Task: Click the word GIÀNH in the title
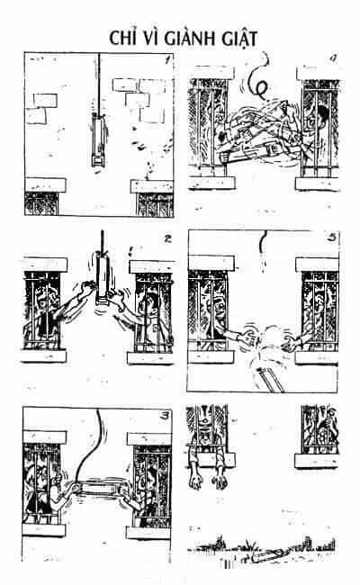coord(191,39)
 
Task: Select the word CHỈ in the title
coord(123,37)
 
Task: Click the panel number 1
coord(167,59)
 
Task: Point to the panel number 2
coord(167,238)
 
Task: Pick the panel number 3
coord(164,416)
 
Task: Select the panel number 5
coord(331,237)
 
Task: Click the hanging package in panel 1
coord(99,140)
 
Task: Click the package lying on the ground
coord(265,557)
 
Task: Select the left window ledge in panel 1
coord(45,185)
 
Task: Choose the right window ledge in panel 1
coord(152,186)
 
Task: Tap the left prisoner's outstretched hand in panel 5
coord(247,337)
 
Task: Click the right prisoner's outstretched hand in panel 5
coord(290,340)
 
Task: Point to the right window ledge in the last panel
coord(316,461)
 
